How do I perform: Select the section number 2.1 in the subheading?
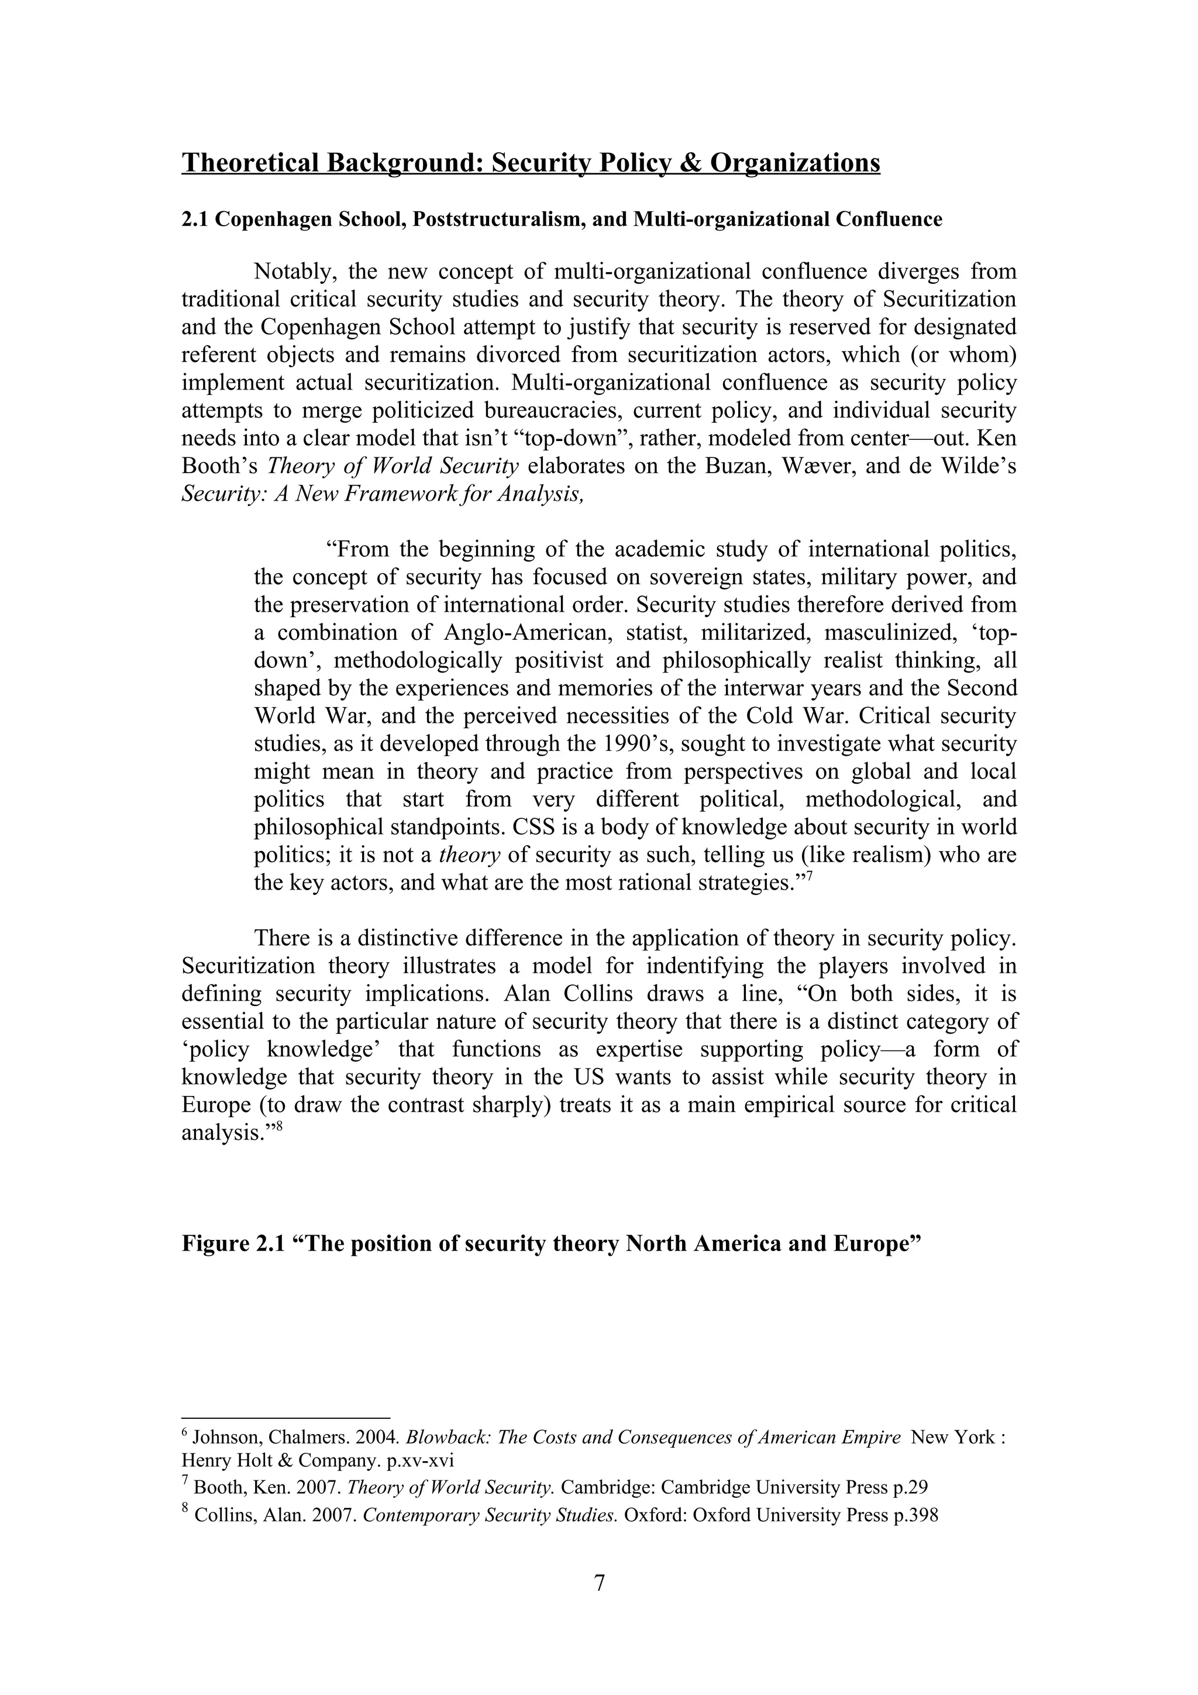pos(195,220)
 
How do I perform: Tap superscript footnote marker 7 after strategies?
pos(809,876)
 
